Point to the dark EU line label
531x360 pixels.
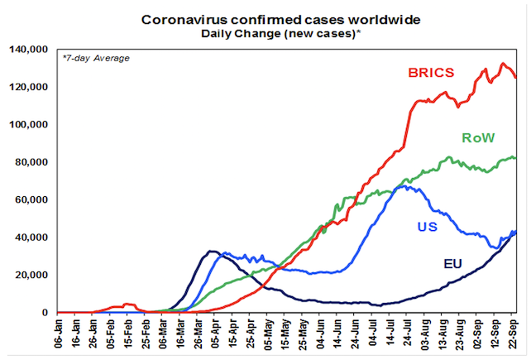452,264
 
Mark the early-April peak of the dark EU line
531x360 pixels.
212,251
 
